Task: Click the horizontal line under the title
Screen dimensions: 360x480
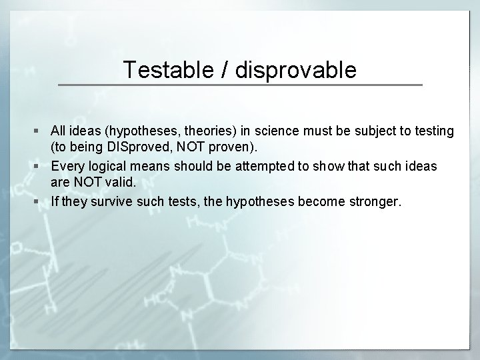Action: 240,85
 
